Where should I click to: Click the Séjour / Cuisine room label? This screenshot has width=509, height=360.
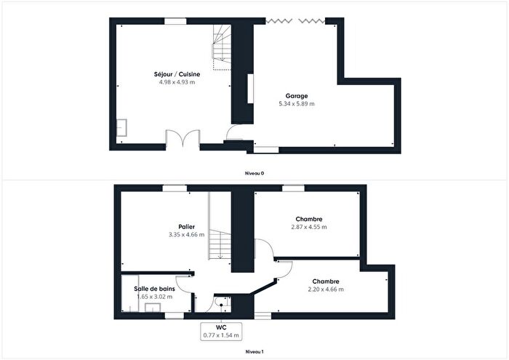tap(177, 74)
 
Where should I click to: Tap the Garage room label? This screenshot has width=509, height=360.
tap(296, 95)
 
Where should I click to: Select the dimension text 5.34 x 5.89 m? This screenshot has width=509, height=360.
tap(296, 104)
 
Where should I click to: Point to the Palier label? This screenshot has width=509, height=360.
tap(186, 227)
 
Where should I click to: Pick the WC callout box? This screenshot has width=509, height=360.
tap(222, 329)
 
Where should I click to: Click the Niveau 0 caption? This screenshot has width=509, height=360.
tap(254, 173)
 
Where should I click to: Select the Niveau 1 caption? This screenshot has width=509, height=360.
tap(254, 352)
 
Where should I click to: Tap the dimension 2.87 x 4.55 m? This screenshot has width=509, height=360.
tap(309, 228)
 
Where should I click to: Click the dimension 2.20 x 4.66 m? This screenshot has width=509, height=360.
tap(325, 289)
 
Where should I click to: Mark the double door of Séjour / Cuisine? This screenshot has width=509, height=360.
tap(181, 139)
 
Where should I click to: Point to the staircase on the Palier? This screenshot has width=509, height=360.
tap(219, 225)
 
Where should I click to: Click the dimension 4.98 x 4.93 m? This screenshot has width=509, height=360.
tap(177, 82)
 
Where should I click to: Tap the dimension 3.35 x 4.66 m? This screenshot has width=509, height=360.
tap(186, 235)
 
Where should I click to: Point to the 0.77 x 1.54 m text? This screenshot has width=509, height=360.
tap(222, 334)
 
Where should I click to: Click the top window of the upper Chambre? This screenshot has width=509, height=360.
tap(293, 188)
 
